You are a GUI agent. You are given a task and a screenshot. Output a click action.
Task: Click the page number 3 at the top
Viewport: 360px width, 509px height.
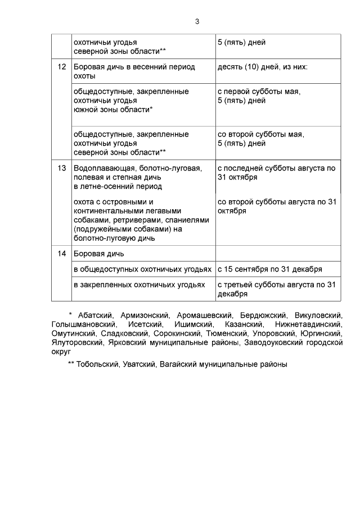[197, 21]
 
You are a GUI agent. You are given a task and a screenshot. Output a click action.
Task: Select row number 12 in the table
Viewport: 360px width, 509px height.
[62, 67]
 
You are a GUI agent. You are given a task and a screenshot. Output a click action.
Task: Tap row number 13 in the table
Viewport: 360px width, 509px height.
[62, 168]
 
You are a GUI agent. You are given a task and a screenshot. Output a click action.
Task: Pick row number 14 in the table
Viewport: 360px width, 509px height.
[62, 254]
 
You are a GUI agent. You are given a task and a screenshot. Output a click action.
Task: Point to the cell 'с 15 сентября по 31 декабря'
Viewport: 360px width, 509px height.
[269, 269]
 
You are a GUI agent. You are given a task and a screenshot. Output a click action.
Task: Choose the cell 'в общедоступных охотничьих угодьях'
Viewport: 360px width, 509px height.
[142, 269]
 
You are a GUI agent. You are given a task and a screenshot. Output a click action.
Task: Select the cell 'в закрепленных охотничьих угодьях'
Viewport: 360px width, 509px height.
[139, 285]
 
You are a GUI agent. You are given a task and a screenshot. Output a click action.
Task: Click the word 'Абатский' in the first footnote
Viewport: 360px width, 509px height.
[95, 316]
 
